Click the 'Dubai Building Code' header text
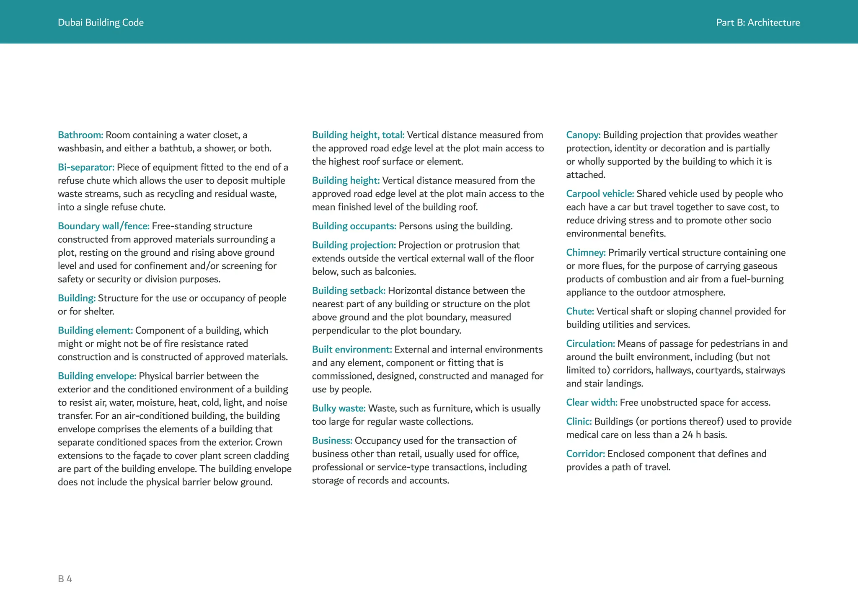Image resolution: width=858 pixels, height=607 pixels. click(x=101, y=23)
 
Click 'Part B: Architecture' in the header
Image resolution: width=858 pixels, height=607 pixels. click(x=757, y=23)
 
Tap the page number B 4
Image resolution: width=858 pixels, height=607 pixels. click(x=65, y=579)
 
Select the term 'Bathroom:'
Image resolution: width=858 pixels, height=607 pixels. click(x=80, y=135)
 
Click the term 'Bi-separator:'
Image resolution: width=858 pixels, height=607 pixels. click(x=86, y=167)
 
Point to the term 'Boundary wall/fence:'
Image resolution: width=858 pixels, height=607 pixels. click(x=103, y=226)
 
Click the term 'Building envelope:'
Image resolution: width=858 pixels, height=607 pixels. click(x=97, y=376)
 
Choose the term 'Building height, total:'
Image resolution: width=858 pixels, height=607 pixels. click(x=358, y=135)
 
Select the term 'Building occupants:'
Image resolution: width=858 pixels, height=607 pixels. click(x=354, y=226)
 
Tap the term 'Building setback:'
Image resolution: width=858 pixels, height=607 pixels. click(x=348, y=291)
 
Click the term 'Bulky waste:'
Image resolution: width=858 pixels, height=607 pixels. click(x=339, y=408)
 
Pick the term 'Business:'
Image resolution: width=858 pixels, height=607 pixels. click(x=332, y=441)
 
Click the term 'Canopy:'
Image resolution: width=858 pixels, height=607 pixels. click(x=583, y=135)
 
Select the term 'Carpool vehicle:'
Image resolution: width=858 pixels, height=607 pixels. click(x=600, y=194)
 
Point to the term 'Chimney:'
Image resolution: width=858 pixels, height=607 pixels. click(x=586, y=252)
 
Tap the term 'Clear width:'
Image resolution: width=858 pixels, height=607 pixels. click(x=592, y=402)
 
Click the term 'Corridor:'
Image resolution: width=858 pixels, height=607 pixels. click(x=585, y=454)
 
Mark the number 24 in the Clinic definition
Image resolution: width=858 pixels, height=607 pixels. click(x=687, y=435)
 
